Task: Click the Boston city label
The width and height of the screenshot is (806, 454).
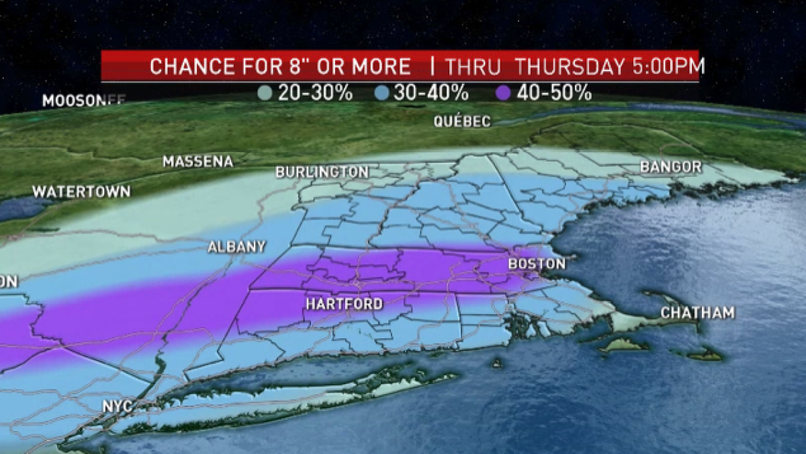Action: click(536, 264)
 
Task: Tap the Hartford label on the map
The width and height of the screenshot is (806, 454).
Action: click(344, 304)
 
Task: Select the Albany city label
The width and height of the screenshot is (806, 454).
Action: click(236, 247)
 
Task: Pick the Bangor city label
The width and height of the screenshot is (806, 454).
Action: click(670, 167)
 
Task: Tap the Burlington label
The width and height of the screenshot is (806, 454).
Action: click(322, 172)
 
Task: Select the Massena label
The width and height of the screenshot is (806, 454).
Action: click(197, 162)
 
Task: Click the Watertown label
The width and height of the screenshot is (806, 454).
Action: click(81, 192)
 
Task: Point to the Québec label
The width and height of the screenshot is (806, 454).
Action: click(462, 122)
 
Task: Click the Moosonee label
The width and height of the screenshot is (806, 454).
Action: click(84, 101)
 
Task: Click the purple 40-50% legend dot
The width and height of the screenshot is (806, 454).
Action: click(504, 93)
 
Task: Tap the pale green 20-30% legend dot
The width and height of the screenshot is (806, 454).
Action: click(265, 93)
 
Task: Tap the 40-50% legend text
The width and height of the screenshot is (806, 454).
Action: click(554, 93)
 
